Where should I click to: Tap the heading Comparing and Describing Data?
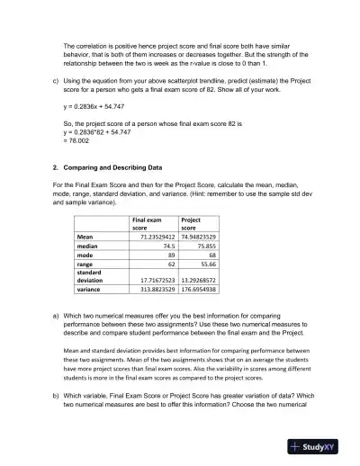117,167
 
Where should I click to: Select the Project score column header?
195,223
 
